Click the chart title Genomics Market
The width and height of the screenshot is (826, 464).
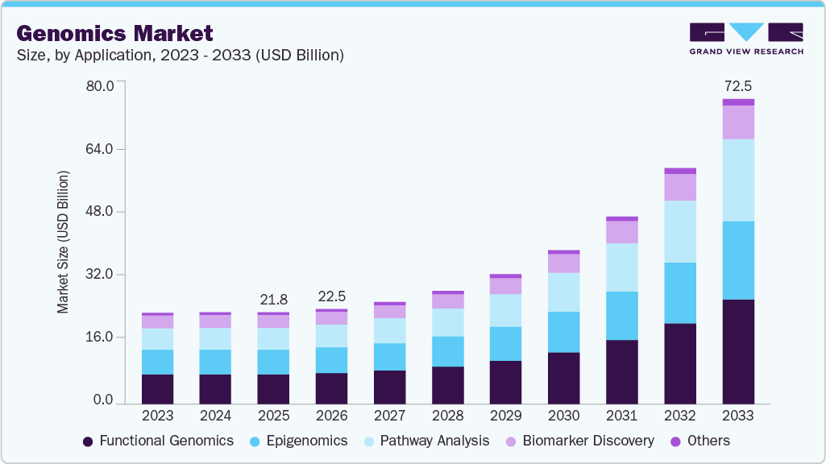115,33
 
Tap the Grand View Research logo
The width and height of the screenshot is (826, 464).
746,38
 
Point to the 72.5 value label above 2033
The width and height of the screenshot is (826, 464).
737,85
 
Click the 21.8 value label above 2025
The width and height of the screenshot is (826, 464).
273,300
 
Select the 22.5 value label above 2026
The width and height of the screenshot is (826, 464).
331,296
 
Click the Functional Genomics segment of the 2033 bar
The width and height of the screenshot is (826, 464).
737,351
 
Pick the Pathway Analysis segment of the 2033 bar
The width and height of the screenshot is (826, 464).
737,180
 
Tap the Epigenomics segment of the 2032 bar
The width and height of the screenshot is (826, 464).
679,292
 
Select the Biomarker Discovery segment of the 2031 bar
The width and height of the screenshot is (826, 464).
621,232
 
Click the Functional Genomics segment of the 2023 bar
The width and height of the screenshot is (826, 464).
157,389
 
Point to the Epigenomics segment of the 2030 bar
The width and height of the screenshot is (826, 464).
563,332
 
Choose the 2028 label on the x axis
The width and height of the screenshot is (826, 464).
447,416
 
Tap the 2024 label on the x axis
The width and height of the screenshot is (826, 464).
215,416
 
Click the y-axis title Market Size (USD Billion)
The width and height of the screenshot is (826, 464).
63,242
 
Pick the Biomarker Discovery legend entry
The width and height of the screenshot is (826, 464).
579,441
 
